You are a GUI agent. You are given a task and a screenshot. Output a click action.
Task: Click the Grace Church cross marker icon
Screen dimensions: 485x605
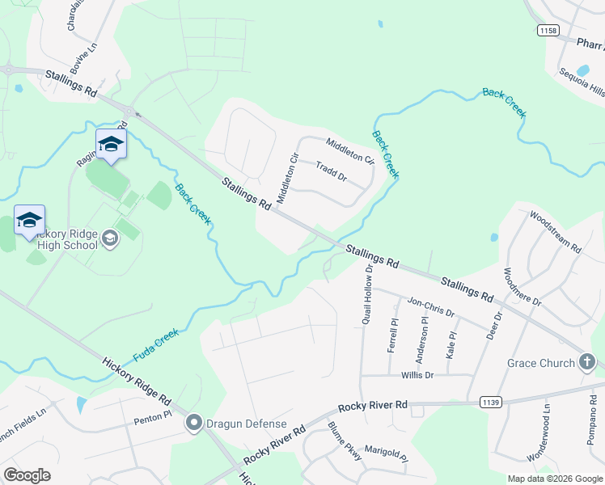tap(587, 363)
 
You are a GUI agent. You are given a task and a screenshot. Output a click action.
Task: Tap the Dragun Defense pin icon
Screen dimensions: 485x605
tap(193, 423)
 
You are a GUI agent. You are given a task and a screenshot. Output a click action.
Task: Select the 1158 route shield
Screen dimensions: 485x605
tap(548, 30)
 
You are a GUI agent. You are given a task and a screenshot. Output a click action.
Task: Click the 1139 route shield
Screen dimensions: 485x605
tap(490, 401)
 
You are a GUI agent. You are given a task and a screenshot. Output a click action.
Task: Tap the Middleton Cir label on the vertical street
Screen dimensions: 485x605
tap(287, 179)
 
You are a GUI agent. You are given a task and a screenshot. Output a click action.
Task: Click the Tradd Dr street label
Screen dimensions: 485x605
tap(331, 171)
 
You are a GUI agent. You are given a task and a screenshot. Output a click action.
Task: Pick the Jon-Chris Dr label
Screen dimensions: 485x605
tap(431, 307)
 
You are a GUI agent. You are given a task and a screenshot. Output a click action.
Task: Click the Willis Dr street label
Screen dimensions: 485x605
tap(417, 375)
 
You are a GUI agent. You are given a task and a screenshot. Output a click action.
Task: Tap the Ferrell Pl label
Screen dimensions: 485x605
tap(393, 333)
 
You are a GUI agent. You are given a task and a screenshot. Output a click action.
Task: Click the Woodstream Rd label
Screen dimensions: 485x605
tap(555, 233)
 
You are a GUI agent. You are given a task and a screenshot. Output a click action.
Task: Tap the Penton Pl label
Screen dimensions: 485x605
tap(153, 417)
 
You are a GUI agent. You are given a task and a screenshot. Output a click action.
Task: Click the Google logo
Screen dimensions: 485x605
tap(27, 475)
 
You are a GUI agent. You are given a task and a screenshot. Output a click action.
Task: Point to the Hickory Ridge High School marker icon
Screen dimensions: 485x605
tap(110, 238)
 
